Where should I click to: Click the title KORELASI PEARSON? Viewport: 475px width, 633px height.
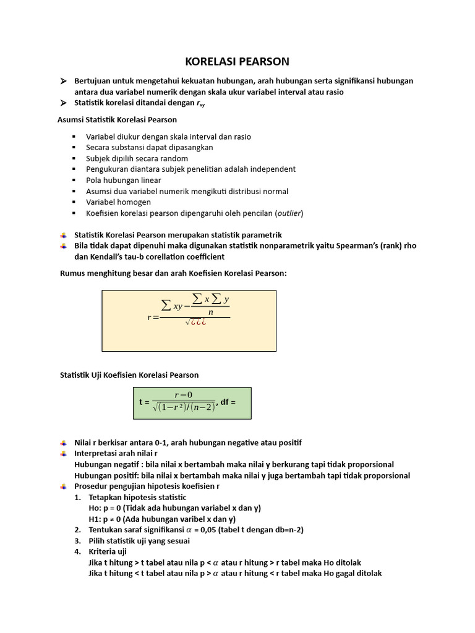click(237, 61)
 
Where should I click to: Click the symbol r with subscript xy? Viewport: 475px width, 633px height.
click(200, 103)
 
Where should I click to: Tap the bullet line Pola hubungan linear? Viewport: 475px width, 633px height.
click(124, 180)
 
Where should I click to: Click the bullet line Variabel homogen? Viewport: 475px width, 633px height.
click(118, 202)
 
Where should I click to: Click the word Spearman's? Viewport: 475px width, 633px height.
click(353, 245)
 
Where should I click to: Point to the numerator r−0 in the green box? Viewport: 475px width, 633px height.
click(184, 394)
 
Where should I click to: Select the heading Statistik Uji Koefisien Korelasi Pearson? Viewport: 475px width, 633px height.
click(129, 375)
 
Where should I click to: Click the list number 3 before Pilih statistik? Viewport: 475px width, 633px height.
click(77, 541)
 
